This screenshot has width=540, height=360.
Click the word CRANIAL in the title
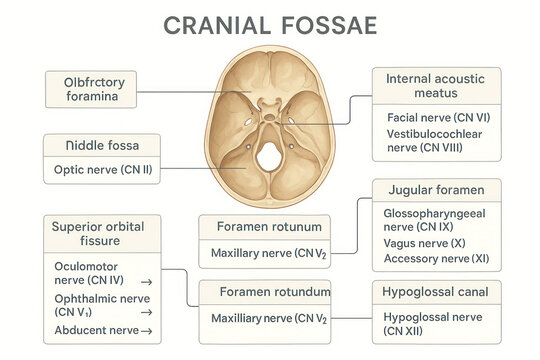click(215, 24)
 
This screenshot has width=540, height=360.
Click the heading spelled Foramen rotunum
click(264, 227)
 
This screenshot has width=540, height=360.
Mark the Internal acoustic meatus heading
click(434, 86)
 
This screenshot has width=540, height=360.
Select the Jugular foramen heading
click(435, 190)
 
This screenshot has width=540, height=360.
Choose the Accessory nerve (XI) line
click(436, 259)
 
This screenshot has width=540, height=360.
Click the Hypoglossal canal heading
click(435, 292)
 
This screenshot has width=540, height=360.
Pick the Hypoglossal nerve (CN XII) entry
click(431, 323)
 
